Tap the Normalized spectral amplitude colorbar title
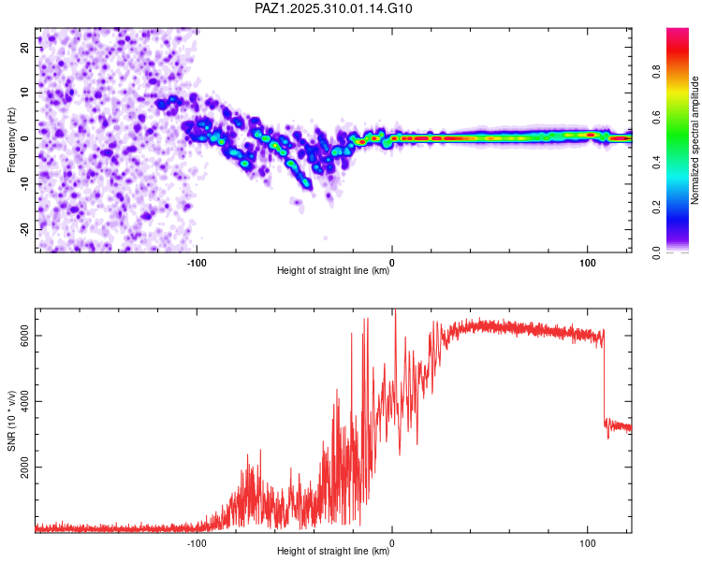point(695,140)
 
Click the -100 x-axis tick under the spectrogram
point(197,263)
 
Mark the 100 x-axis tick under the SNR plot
point(587,542)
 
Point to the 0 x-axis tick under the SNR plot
point(392,542)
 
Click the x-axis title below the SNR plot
point(333,552)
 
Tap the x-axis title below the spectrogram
point(333,271)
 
